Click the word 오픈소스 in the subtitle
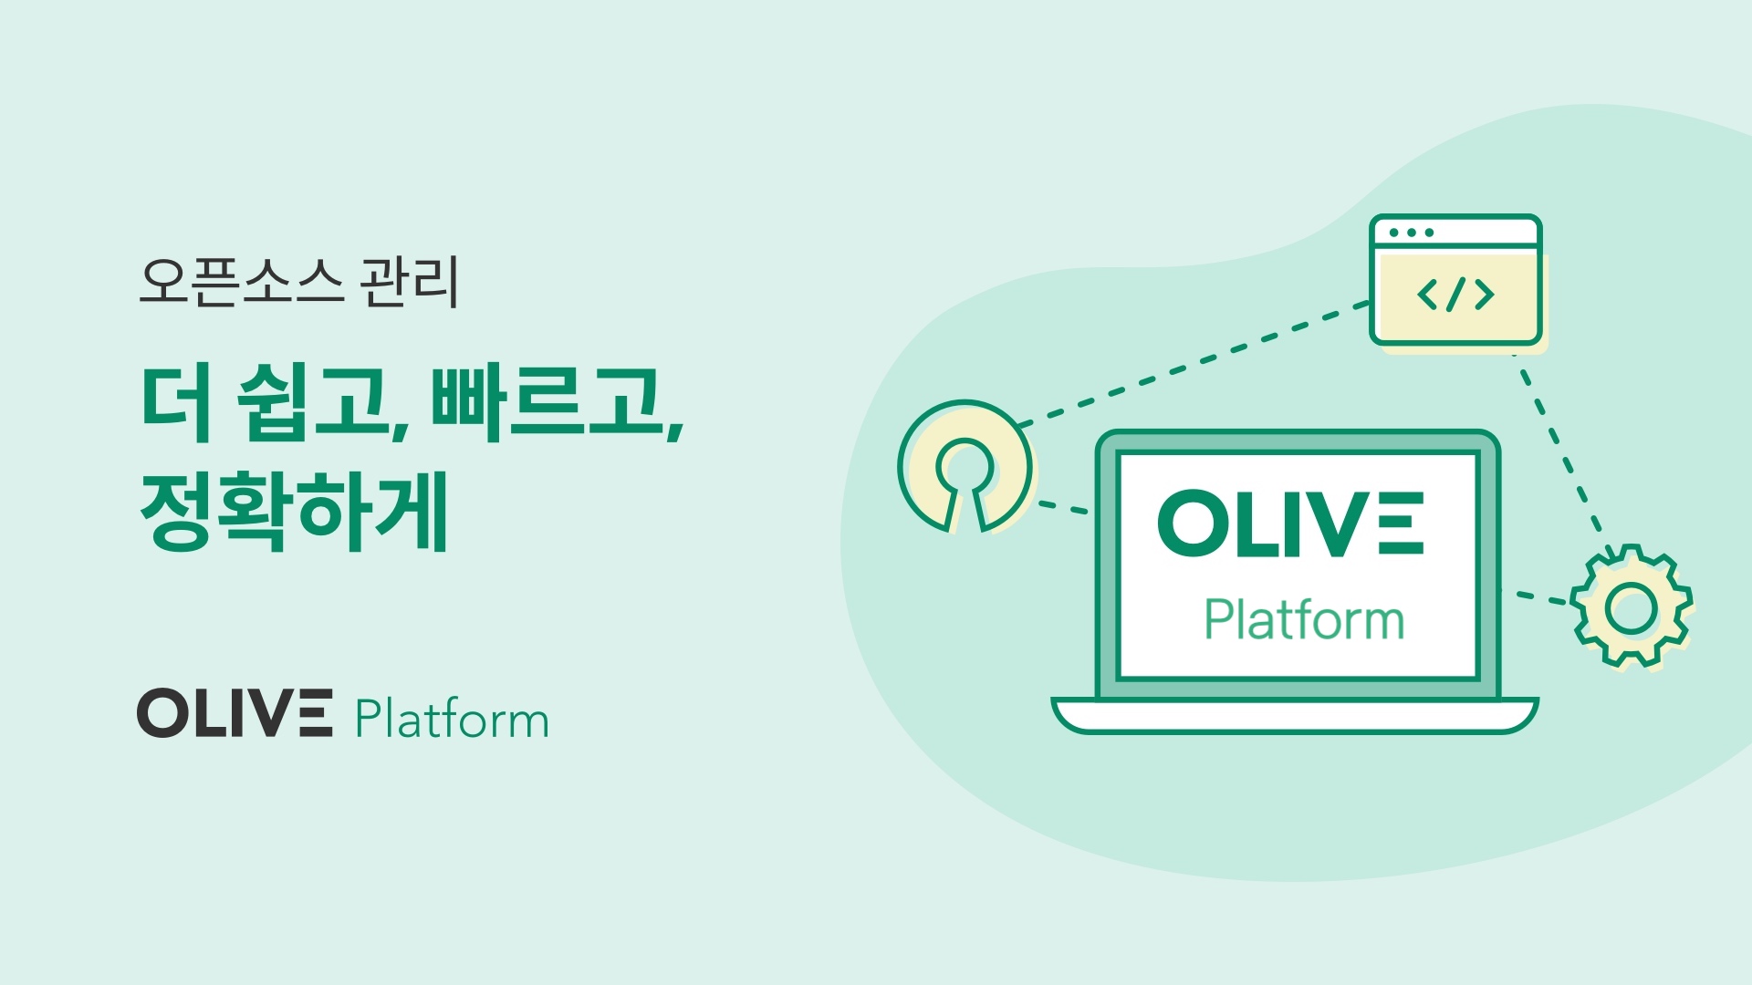tap(241, 282)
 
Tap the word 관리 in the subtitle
tap(410, 282)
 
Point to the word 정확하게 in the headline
tap(294, 510)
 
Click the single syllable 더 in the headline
tap(178, 402)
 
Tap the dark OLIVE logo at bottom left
tap(235, 713)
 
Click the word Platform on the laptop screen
tap(1304, 619)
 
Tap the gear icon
tap(1632, 606)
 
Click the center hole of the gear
tap(1632, 607)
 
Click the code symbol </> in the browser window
tap(1455, 295)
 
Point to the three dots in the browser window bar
tap(1411, 233)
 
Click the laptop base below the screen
tap(1295, 715)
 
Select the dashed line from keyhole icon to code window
tap(1194, 364)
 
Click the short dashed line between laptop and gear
tap(1536, 598)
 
